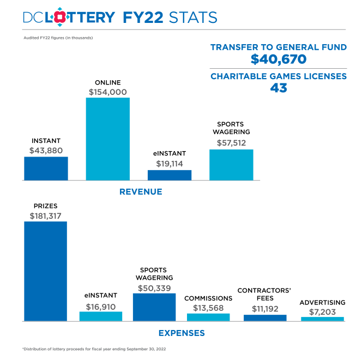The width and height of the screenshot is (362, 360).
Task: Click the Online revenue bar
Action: (x=108, y=139)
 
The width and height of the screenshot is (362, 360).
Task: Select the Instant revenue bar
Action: (x=46, y=168)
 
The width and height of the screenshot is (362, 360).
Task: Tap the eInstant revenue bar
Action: (x=170, y=175)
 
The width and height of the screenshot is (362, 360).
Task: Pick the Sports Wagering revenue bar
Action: (x=231, y=164)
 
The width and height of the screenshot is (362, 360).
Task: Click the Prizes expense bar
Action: (x=45, y=271)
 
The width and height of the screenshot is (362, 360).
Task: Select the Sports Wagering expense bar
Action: (x=154, y=307)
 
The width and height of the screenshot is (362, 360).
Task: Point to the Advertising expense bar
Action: (x=322, y=319)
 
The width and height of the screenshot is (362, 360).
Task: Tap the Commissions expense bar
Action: (x=208, y=317)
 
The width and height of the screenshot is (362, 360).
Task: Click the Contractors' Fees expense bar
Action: (x=265, y=317)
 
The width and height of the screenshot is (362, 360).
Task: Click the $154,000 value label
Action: (x=108, y=92)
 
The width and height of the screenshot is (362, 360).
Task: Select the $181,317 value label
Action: (x=45, y=216)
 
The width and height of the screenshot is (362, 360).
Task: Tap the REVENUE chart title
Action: (x=141, y=191)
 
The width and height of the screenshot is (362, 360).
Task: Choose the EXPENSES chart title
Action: (x=182, y=333)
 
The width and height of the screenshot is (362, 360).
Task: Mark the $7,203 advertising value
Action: (x=322, y=311)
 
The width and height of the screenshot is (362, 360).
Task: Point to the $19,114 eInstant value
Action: (x=170, y=163)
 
